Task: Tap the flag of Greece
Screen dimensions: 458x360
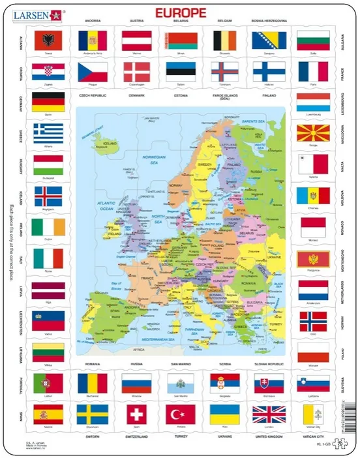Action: click(48, 134)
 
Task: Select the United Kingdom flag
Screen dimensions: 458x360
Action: click(268, 414)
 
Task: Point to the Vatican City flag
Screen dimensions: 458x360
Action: click(312, 414)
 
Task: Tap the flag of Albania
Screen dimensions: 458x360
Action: click(48, 38)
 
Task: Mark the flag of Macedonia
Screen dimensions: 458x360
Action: click(312, 134)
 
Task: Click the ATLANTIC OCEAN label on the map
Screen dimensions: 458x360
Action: click(91, 207)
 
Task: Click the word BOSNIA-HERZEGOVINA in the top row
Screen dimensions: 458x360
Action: click(268, 21)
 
